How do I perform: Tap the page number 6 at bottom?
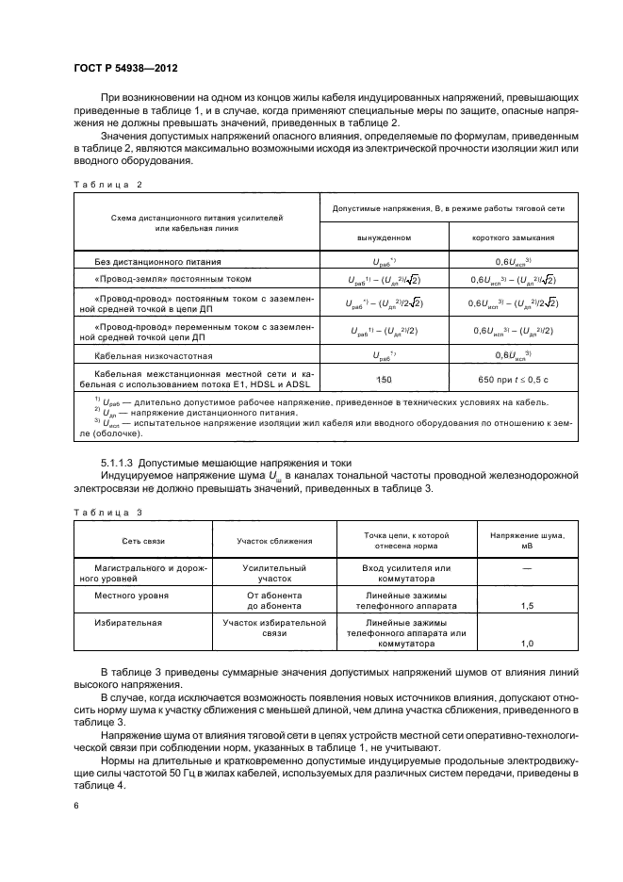click(76, 807)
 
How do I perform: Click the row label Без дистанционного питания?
click(158, 261)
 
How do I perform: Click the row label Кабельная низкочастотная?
click(154, 356)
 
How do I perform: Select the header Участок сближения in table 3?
click(273, 542)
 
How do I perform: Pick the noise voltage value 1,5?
click(527, 607)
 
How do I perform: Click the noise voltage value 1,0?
click(527, 644)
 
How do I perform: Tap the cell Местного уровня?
click(132, 596)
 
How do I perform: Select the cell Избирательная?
click(128, 623)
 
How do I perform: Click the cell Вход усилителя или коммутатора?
click(406, 574)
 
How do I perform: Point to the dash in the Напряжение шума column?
click(527, 568)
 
